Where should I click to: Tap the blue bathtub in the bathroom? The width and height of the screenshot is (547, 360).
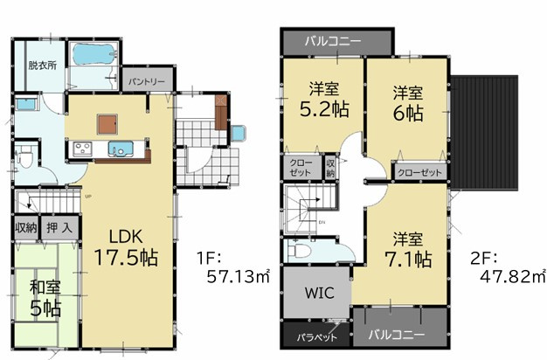click(x=94, y=56)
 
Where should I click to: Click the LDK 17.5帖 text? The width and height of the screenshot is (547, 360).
click(x=133, y=247)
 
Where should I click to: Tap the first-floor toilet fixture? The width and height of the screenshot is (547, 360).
click(x=26, y=159)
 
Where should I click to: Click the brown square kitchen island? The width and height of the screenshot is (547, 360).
click(x=107, y=122)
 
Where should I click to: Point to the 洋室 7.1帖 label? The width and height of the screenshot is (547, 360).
click(x=406, y=248)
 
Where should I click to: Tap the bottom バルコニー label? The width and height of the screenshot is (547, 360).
click(x=398, y=335)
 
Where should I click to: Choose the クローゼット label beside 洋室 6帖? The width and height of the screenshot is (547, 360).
click(x=419, y=172)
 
